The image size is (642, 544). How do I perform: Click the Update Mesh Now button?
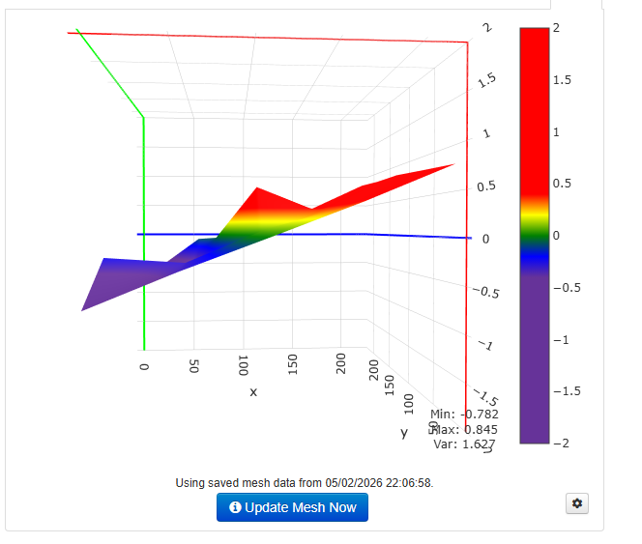coord(292,507)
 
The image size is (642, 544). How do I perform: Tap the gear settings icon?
coord(578,503)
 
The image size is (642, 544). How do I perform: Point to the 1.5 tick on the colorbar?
coord(563,80)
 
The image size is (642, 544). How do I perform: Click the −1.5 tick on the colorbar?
coord(566,390)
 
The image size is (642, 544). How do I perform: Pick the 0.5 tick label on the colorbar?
coord(563,184)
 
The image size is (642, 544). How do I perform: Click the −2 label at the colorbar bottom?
coord(561,442)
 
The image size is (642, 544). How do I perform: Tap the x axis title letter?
coord(253,391)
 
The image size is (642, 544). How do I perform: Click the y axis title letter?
coord(403,432)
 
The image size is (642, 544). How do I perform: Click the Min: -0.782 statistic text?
coord(464,414)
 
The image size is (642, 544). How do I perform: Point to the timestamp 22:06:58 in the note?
coord(406,482)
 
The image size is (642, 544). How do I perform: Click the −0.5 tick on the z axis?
coord(485,291)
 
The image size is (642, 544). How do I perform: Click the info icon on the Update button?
coord(235,507)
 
